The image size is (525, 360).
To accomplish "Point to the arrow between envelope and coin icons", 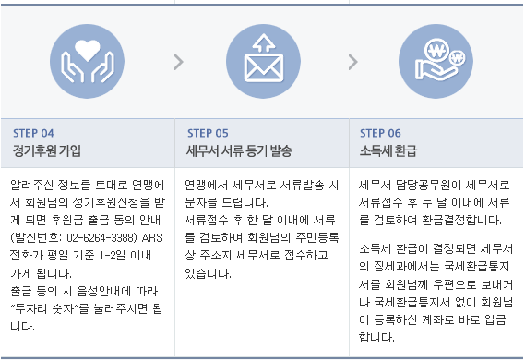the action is click(x=352, y=62).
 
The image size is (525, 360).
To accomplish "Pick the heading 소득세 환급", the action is click(x=387, y=150).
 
